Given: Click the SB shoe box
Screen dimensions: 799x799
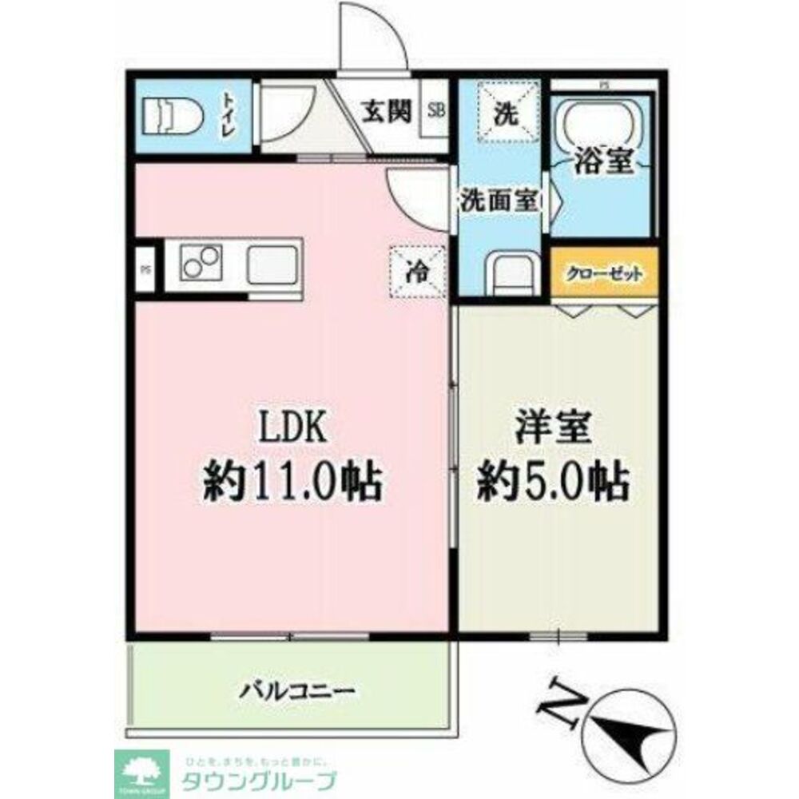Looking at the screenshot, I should pos(437,111).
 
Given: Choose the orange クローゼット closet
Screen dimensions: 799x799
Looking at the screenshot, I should pos(604,273).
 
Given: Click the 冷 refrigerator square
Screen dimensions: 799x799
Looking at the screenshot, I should pos(415,272).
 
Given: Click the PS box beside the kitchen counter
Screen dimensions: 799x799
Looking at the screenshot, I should pos(145,269).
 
